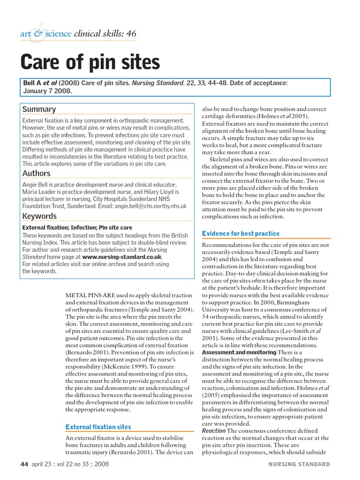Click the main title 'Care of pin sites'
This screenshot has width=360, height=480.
point(90,62)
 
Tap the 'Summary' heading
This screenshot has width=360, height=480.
point(39,109)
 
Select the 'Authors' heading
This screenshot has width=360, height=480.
point(36,173)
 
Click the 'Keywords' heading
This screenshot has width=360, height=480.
point(39,216)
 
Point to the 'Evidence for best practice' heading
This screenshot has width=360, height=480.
point(240,233)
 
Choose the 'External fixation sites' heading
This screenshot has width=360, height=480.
point(98,427)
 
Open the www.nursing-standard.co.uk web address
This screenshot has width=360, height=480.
point(122,257)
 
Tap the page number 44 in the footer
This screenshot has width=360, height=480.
point(25,465)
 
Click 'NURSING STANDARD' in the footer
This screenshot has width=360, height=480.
point(299,465)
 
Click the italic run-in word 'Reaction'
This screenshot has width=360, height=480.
point(214,431)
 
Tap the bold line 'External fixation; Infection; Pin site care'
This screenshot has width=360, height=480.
point(77,227)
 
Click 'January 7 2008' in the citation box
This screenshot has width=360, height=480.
point(47,91)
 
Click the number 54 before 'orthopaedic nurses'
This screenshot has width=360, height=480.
point(206,317)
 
